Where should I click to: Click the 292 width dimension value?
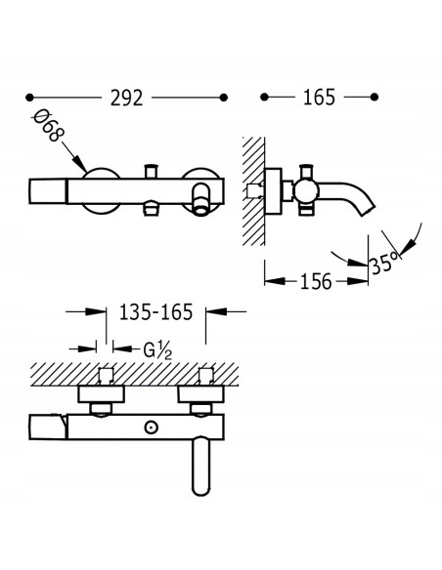tap(126, 98)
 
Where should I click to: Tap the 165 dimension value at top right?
tap(319, 97)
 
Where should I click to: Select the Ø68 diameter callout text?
tap(49, 125)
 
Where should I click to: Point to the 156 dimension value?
tap(316, 281)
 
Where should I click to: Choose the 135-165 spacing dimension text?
tap(155, 312)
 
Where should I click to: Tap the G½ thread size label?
tap(157, 350)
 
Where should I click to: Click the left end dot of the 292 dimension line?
tap(29, 98)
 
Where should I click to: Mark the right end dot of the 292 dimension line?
tap(224, 98)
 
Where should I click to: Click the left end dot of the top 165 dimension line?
tap(264, 97)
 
